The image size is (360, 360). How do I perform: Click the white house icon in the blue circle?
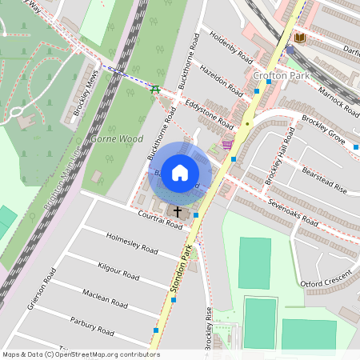[180, 172]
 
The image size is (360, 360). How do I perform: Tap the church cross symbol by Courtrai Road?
[177, 211]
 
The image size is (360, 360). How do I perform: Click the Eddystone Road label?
[209, 114]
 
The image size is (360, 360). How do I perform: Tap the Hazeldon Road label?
[221, 80]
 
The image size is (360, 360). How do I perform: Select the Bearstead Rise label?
[324, 179]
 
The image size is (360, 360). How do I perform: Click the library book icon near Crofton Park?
[300, 38]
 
